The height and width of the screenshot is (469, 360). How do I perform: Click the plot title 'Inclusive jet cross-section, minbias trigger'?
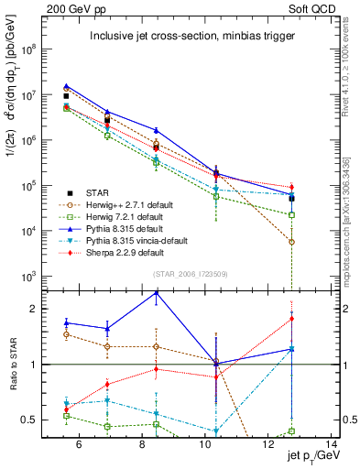click(x=190, y=37)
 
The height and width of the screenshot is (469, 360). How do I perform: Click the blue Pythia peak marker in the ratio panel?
click(x=156, y=293)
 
